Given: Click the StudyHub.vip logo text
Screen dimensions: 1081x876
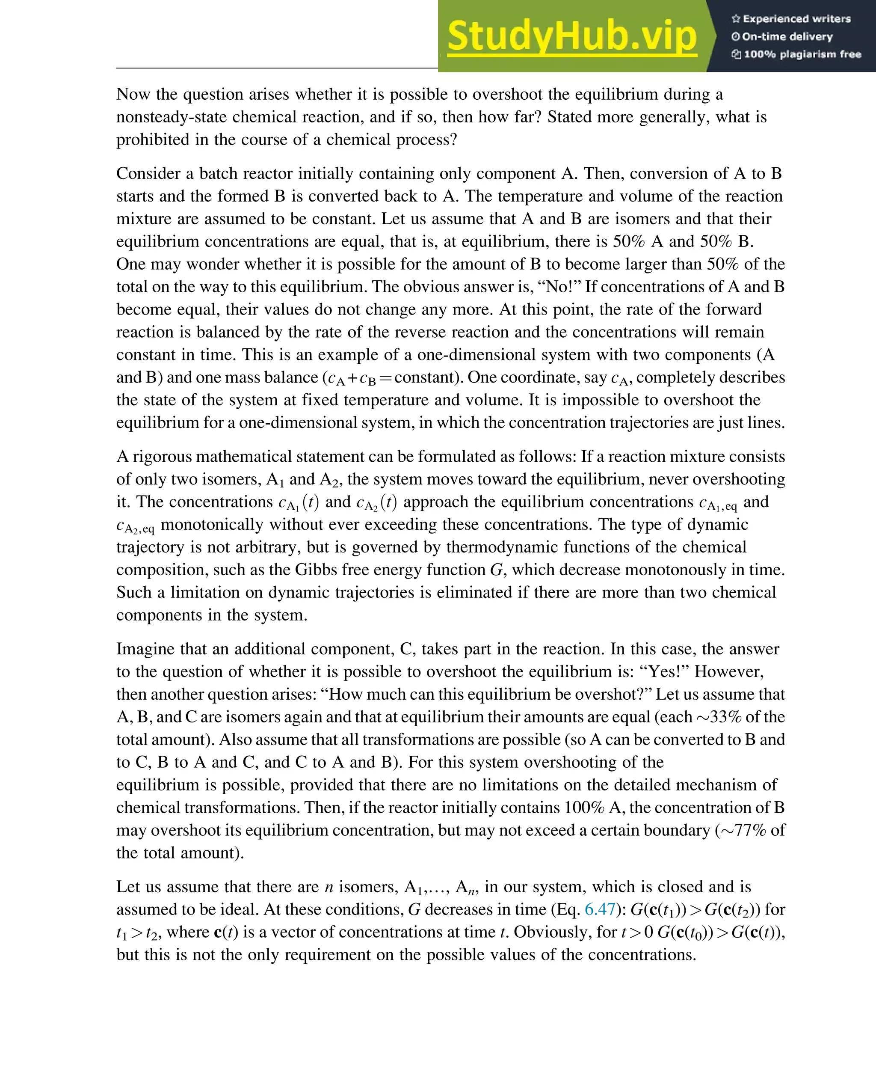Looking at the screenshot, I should (572, 36).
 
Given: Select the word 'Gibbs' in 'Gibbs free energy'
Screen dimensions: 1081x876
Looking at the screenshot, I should (312, 570).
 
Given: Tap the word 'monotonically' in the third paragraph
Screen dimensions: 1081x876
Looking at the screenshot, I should (212, 525).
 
